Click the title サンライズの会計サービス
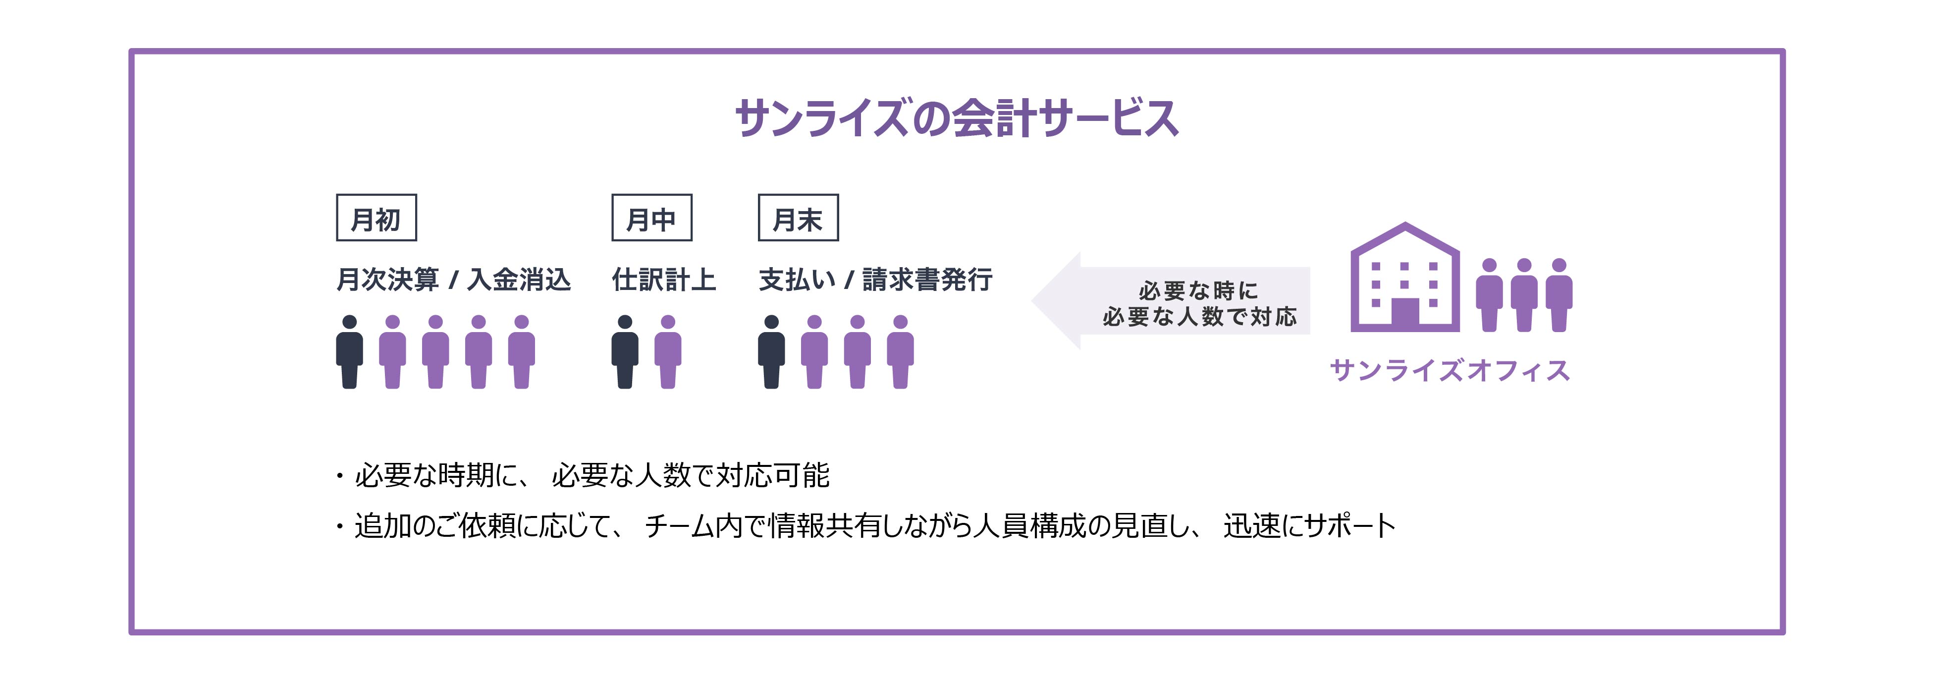[x=956, y=119]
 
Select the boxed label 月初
[x=376, y=219]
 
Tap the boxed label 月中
[x=651, y=219]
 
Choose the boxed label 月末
[x=798, y=219]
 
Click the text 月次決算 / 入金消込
[x=453, y=280]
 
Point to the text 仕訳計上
[x=664, y=280]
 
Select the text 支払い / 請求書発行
[x=875, y=280]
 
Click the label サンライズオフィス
[x=1450, y=371]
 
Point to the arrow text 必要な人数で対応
[x=1199, y=316]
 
